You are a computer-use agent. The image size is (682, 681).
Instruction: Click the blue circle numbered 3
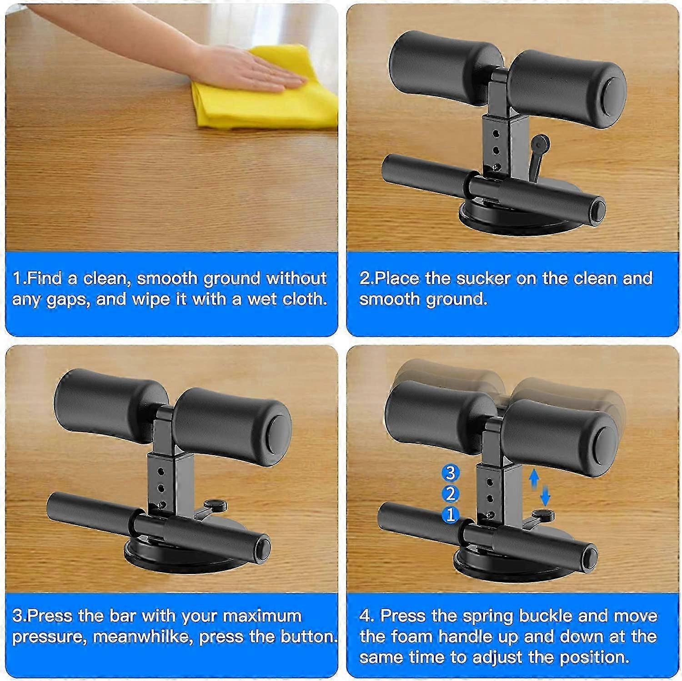450,473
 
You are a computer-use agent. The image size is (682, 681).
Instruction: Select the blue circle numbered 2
450,494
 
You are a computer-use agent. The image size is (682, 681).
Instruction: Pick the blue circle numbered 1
450,515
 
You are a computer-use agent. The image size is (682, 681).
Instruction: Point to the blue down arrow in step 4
546,495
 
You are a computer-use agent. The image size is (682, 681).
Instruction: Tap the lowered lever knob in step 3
216,504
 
